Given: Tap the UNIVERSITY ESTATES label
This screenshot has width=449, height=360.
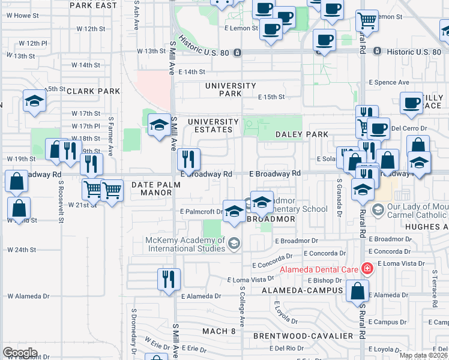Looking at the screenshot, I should click(x=209, y=125).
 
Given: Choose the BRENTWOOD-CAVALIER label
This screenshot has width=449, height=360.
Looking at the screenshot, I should click(x=303, y=335).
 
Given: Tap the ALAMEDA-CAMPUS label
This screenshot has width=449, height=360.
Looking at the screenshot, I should click(x=303, y=290).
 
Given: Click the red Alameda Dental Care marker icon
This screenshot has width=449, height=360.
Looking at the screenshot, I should click(x=366, y=269).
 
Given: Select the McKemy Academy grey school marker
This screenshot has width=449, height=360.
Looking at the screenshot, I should click(x=234, y=242).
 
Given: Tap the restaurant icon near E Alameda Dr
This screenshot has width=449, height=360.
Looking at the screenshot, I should click(x=169, y=279).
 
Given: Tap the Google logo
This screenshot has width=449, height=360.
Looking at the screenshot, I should click(x=20, y=352).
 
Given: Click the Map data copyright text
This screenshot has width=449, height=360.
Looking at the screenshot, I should click(x=424, y=355).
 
